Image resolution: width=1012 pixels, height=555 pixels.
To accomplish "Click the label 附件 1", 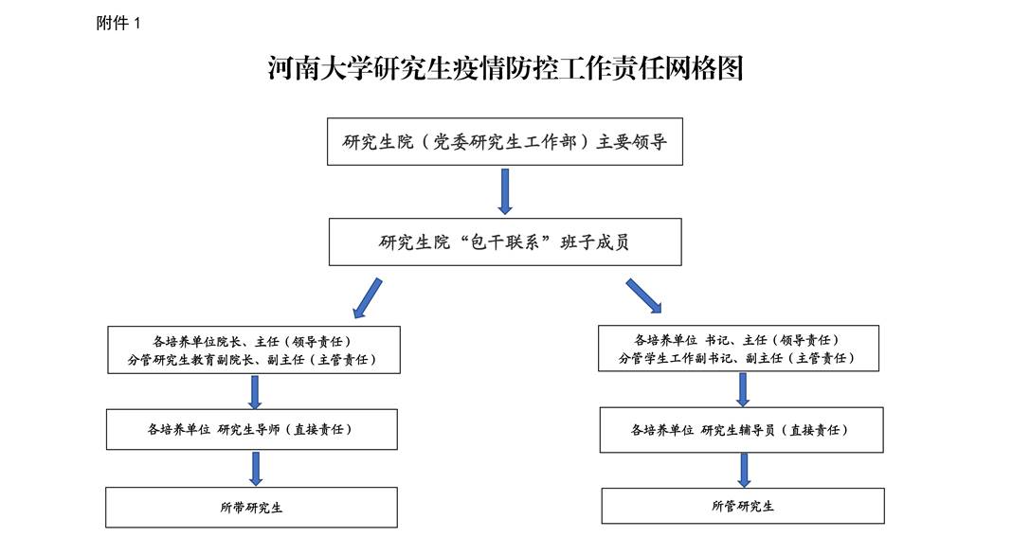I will pos(118,24).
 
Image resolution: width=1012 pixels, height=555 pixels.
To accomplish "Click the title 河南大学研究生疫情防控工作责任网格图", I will pos(504,69).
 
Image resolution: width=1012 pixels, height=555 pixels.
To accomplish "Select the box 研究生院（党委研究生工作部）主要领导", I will pos(504,143).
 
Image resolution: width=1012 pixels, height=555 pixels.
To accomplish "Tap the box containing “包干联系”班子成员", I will pos(504,242).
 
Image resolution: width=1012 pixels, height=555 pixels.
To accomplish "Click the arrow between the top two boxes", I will pos(505,191).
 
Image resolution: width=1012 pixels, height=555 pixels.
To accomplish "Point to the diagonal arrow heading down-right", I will pos(644,295).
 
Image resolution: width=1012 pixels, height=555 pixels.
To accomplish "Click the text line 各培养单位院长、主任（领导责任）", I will pos(252,341).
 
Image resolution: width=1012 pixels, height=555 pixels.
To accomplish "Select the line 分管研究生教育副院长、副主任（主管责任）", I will pos(252,360).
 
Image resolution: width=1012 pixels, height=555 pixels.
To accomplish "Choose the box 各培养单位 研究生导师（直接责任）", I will pos(251,429).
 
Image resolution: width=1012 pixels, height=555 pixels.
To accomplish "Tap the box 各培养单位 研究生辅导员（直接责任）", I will pos(742,429).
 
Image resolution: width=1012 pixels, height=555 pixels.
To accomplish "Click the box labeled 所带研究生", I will pos(251,508).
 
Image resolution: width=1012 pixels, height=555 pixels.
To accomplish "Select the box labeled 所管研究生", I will pos(742,506).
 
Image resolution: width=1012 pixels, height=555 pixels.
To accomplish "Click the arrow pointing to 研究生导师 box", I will pos(255,392).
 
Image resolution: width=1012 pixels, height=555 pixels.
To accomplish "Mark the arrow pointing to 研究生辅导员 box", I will pos(743,389).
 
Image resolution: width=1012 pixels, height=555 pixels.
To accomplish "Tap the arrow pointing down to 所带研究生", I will pos(255,469).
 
